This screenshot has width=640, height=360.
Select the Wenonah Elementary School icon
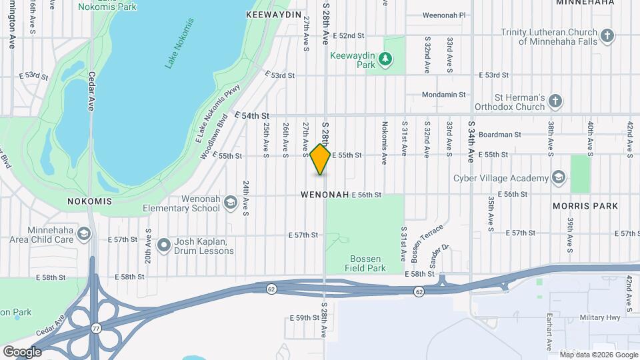pos(230,202)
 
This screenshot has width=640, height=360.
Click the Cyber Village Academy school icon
pos(559,177)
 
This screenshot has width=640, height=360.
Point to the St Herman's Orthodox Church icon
pos(555,101)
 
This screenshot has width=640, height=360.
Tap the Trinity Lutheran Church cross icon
pos(607,35)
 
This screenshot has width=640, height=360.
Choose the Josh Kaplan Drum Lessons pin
pos(165,246)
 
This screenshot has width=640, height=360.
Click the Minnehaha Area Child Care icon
pos(84,233)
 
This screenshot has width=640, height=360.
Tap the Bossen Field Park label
pos(366,263)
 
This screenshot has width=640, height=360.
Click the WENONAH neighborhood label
pos(325,195)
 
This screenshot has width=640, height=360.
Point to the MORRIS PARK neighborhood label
pos(586,207)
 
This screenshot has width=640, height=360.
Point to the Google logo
pos(22,351)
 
